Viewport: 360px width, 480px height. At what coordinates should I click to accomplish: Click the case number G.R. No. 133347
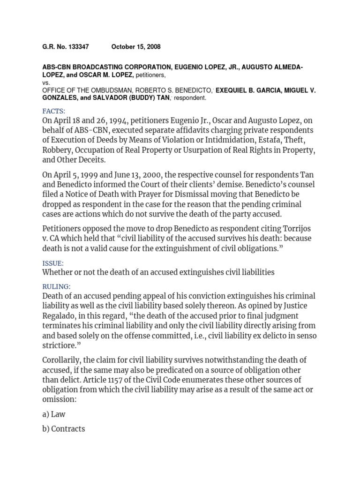65,47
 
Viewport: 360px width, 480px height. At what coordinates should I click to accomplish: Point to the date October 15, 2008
136,47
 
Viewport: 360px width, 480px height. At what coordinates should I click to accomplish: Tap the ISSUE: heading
53,263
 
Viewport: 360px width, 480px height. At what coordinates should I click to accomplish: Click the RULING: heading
56,286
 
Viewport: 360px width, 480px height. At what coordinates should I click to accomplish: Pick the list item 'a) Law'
54,414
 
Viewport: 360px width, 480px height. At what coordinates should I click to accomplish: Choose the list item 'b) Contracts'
64,428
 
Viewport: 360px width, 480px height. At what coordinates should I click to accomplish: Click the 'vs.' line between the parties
46,82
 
